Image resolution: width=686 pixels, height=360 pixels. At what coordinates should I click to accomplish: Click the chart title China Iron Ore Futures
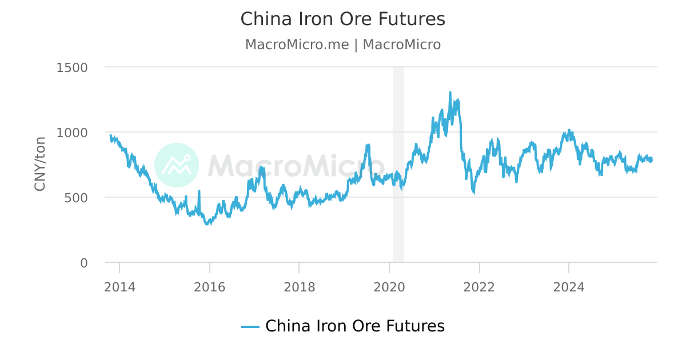click(342, 19)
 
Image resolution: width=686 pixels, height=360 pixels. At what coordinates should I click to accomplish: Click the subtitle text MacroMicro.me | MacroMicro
click(342, 45)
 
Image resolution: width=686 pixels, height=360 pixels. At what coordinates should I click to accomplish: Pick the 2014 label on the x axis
click(119, 287)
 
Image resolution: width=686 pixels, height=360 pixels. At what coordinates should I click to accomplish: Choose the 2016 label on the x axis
click(209, 287)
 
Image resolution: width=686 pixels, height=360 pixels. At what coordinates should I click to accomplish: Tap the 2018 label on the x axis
click(299, 287)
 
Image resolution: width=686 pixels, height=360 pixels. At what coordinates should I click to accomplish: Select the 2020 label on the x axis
click(389, 287)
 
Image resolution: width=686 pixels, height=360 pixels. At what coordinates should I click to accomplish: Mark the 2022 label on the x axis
click(478, 287)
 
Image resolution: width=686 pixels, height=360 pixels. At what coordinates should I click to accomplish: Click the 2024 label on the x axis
click(568, 287)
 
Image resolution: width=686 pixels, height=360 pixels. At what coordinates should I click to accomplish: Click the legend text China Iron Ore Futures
click(354, 326)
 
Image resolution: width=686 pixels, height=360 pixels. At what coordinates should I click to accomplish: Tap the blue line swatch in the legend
click(250, 327)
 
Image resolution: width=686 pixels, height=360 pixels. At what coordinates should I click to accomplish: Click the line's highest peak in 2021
click(450, 92)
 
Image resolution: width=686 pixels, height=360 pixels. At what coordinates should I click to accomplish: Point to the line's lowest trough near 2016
click(207, 225)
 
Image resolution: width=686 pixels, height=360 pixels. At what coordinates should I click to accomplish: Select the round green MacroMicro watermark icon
click(177, 165)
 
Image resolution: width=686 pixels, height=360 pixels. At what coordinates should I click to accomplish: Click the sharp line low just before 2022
click(473, 193)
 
